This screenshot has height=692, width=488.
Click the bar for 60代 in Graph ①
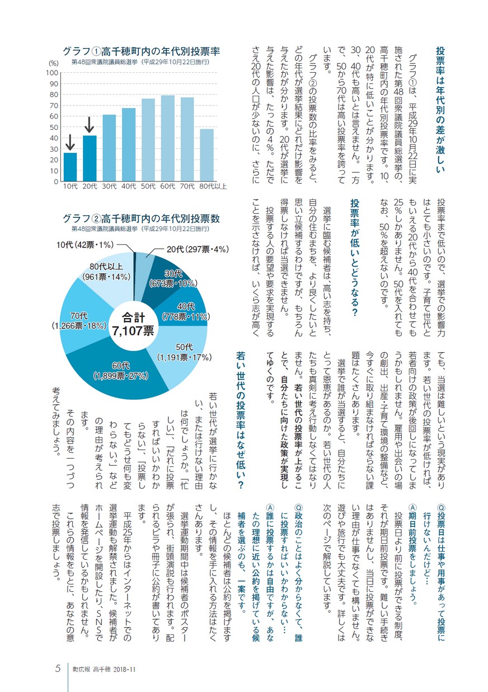[168, 138]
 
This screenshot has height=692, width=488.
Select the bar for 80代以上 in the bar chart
[207, 155]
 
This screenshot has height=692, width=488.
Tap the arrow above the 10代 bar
[70, 142]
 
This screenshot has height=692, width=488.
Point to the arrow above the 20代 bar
[89, 125]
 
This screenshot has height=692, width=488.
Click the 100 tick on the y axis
[52, 73]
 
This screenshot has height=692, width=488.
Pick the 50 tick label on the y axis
[54, 127]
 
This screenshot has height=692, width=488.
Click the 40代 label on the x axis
[129, 186]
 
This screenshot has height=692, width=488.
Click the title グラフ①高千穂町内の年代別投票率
[141, 52]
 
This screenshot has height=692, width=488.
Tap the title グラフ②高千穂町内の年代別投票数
[141, 218]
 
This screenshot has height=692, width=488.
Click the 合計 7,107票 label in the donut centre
[133, 324]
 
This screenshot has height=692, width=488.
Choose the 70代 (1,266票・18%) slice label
[79, 321]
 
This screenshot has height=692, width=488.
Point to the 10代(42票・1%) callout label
[85, 245]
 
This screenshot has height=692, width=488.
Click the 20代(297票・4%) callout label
[198, 249]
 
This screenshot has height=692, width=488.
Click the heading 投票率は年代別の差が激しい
[440, 110]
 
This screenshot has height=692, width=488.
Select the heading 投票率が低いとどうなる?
[355, 258]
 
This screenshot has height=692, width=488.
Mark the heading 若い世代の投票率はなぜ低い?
[240, 419]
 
